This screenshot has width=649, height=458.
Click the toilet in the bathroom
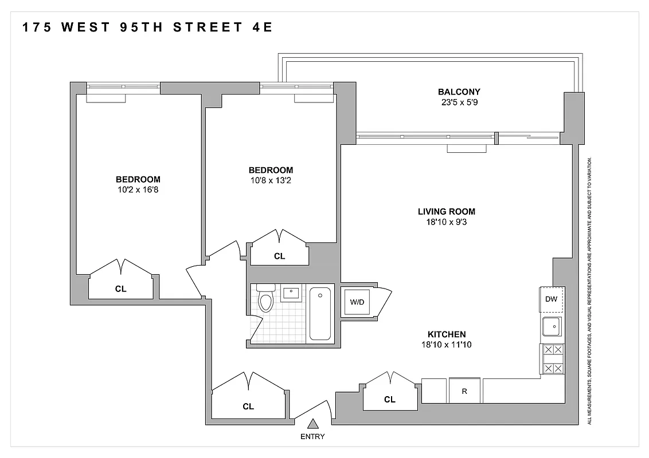click(265, 299)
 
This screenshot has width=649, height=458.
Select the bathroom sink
click(292, 294)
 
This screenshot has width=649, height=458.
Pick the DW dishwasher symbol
click(552, 299)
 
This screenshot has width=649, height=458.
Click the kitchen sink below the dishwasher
click(552, 327)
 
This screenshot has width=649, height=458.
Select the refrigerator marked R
click(464, 392)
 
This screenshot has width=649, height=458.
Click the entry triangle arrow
click(312, 424)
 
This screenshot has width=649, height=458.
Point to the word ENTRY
click(312, 437)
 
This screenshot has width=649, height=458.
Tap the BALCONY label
click(459, 92)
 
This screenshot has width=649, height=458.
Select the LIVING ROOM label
click(447, 211)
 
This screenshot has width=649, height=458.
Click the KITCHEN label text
click(447, 334)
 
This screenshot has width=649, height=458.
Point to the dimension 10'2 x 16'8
click(138, 189)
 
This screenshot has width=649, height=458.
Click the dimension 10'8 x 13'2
click(271, 180)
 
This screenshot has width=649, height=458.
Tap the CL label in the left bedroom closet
click(120, 289)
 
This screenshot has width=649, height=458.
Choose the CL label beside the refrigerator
click(390, 400)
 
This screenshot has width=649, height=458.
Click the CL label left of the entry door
click(248, 406)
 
